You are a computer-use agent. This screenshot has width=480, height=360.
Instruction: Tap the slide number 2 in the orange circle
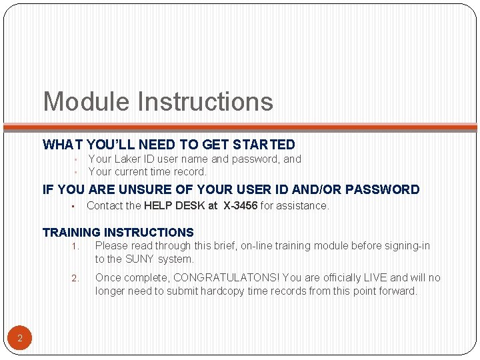click(x=20, y=339)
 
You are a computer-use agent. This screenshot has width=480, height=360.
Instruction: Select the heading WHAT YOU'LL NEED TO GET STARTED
click(x=169, y=145)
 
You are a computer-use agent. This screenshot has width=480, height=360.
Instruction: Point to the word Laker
click(x=128, y=159)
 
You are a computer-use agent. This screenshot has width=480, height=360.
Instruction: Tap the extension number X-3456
click(x=241, y=206)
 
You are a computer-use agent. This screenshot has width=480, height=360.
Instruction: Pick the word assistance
click(x=303, y=206)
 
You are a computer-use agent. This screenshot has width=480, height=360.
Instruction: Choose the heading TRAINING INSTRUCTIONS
click(x=118, y=233)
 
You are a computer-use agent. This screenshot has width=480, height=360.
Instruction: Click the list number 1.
click(x=75, y=247)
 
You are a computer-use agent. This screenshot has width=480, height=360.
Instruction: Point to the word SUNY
click(x=139, y=259)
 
